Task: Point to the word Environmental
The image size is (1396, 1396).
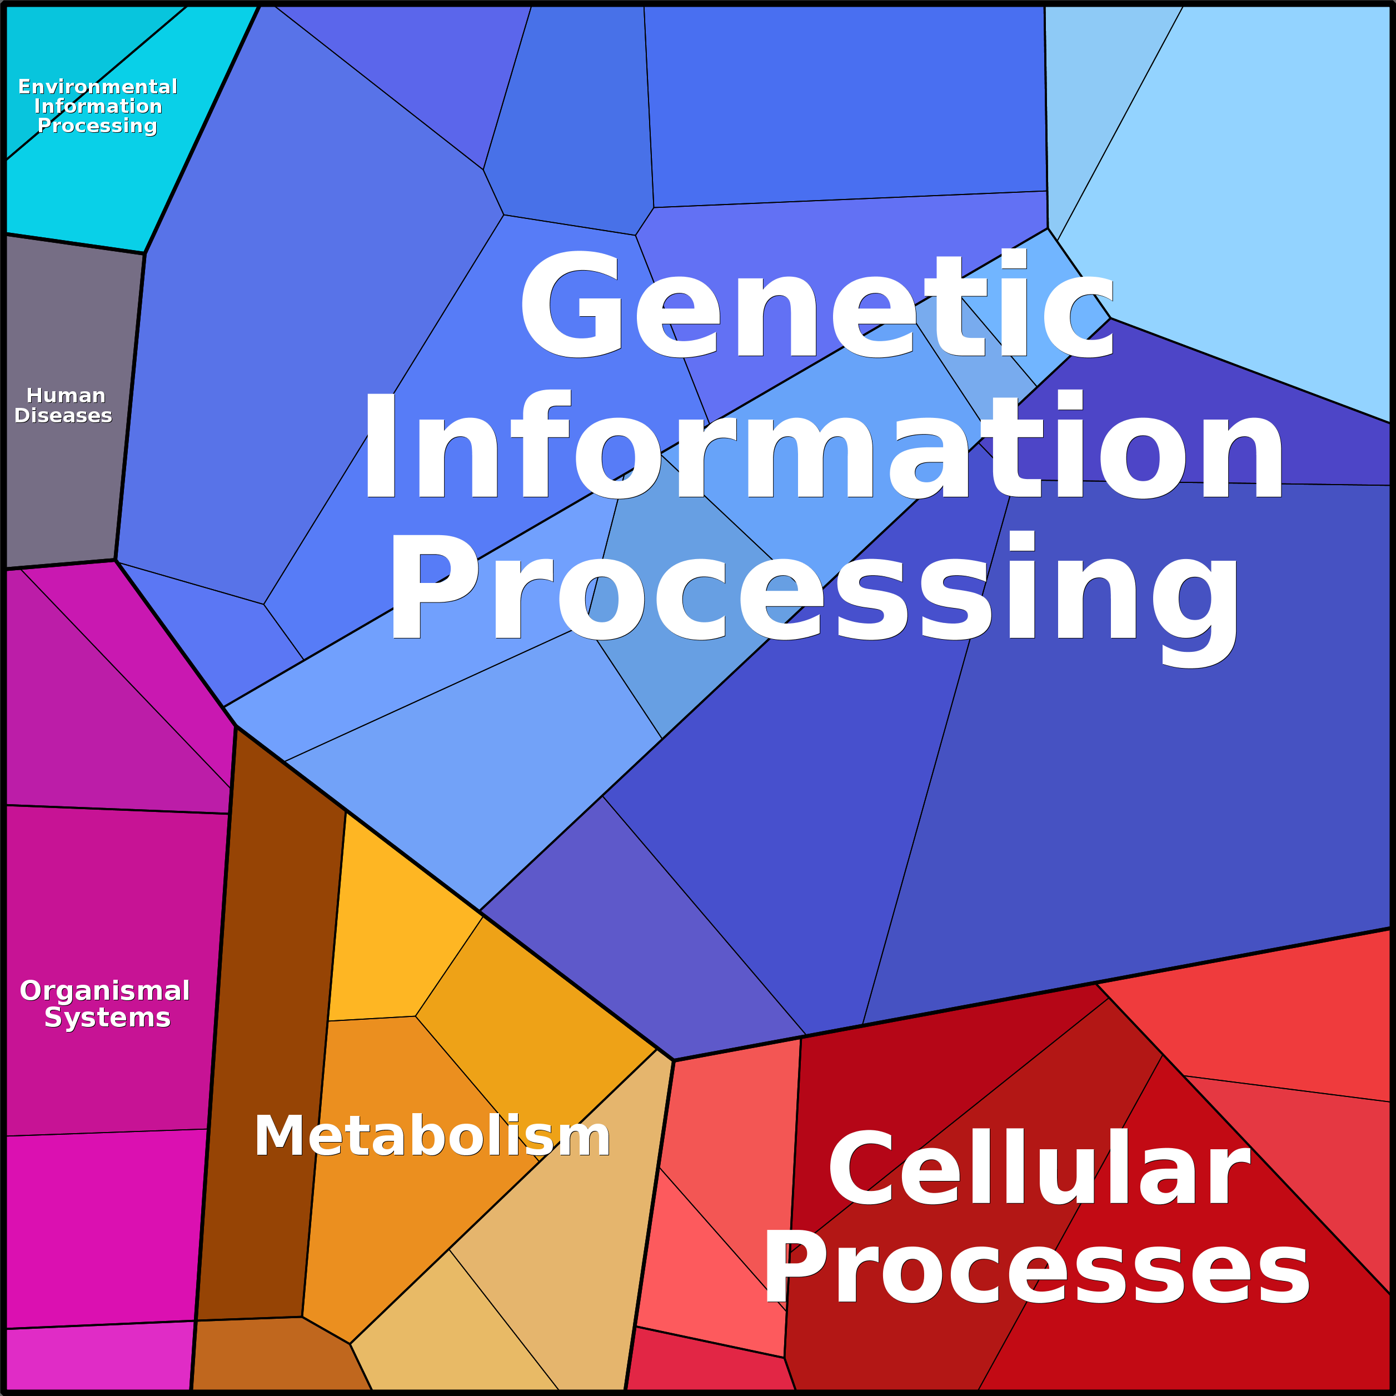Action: pos(98,87)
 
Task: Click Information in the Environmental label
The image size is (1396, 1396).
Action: pos(98,106)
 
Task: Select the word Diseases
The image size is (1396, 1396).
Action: pos(63,416)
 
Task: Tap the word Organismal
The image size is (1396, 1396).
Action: pos(105,991)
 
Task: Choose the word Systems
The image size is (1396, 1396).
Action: pos(108,1018)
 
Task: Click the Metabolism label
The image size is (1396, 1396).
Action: pos(432,1136)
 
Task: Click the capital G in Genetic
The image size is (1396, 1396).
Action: pos(571,303)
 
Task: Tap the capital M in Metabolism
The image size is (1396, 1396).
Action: pos(282,1136)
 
